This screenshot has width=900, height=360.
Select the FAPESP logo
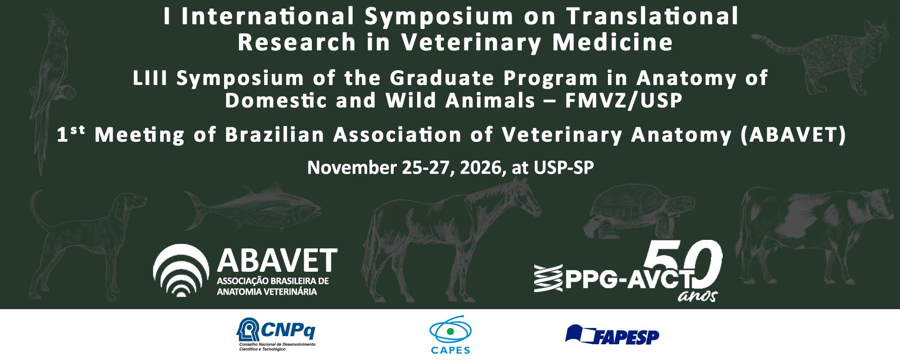coord(612,335)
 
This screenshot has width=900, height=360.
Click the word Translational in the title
coord(652,17)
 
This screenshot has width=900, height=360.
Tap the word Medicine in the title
coord(612,43)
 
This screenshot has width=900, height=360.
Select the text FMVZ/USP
coord(624,100)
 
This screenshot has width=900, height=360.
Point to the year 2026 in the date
coord(480,168)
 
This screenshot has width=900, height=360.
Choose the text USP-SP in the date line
coord(563,168)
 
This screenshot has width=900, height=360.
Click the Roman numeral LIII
coord(150,78)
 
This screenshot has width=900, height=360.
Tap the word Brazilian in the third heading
coord(274,135)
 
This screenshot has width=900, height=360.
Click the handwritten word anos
coord(697,295)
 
